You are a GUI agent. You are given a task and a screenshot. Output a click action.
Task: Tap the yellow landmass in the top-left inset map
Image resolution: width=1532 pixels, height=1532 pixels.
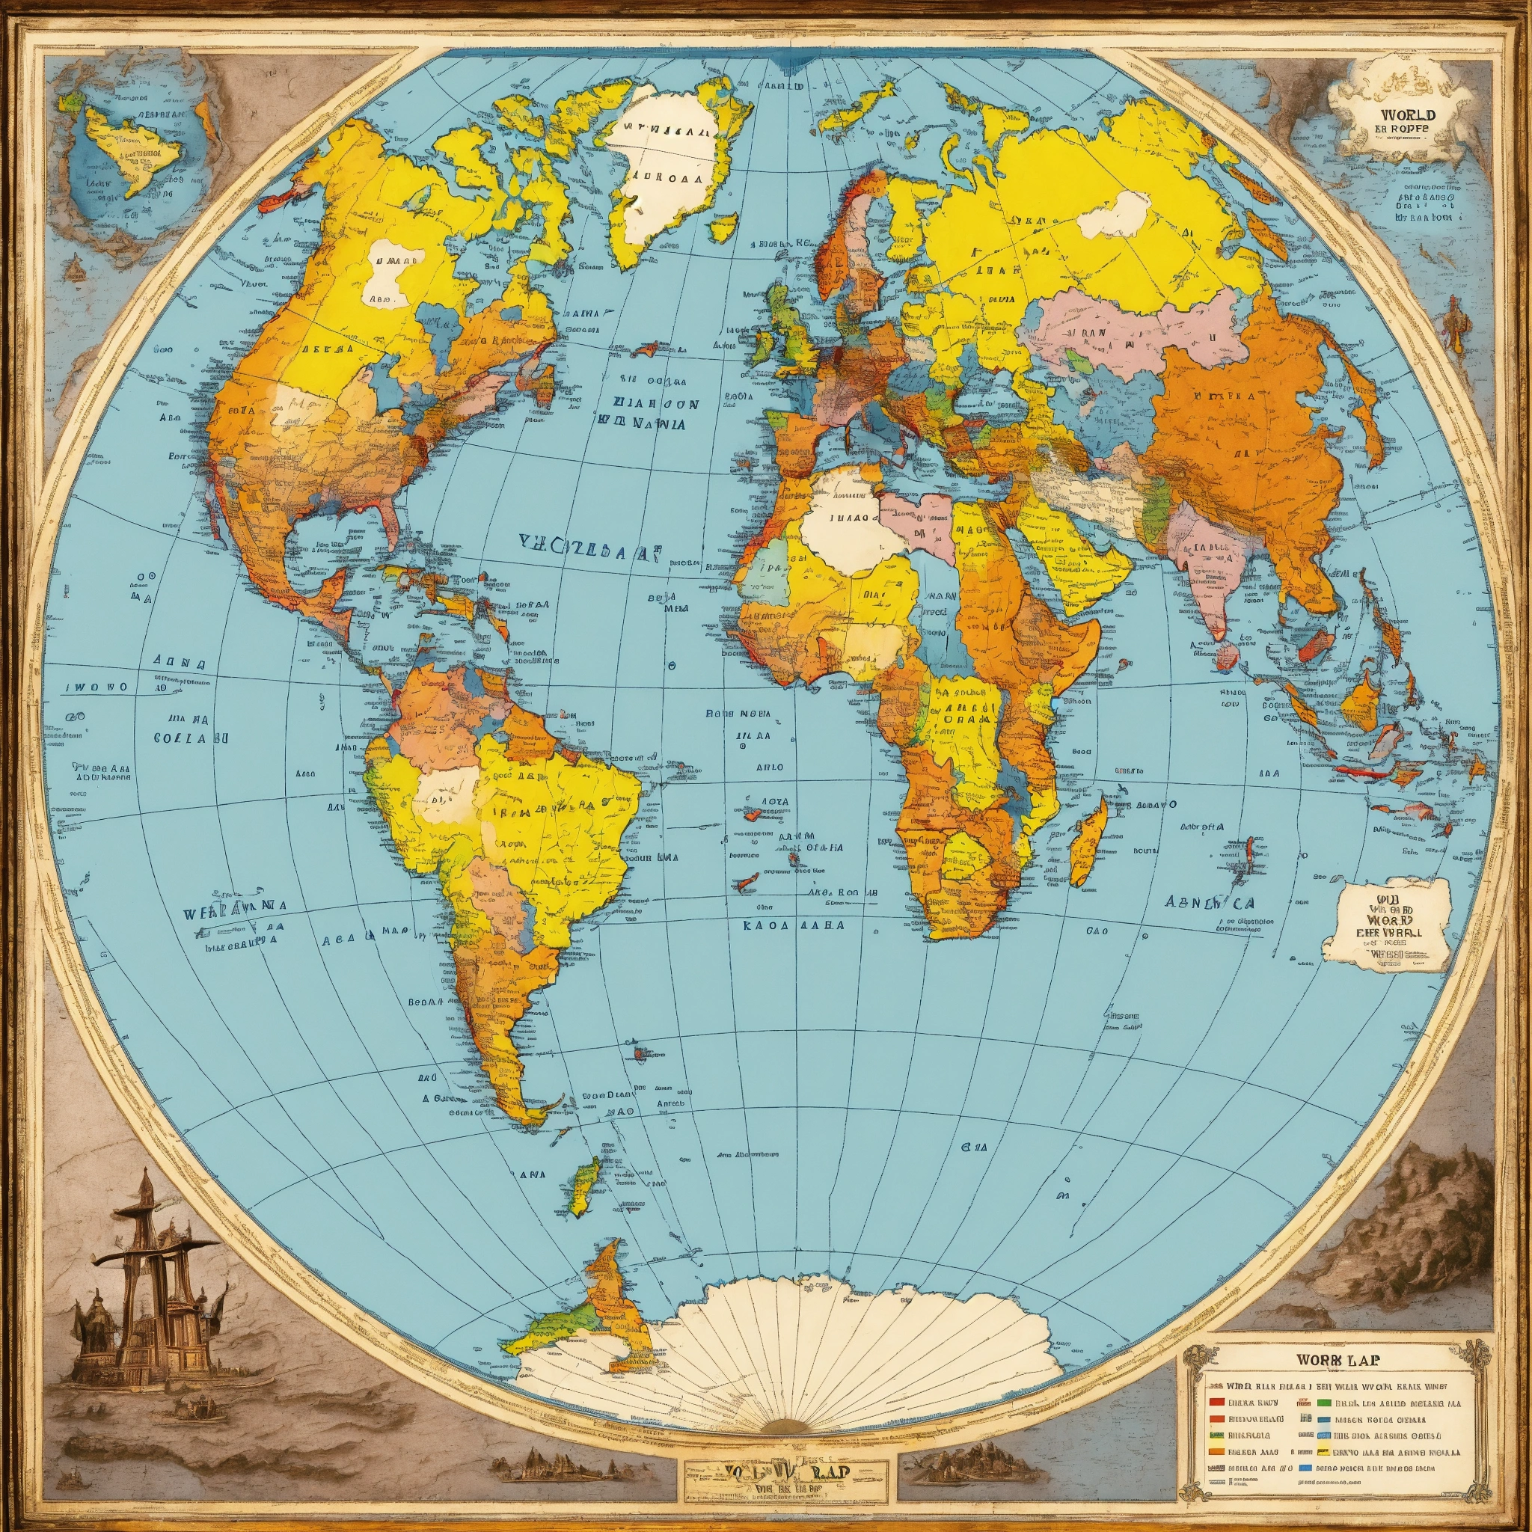click(x=131, y=150)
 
